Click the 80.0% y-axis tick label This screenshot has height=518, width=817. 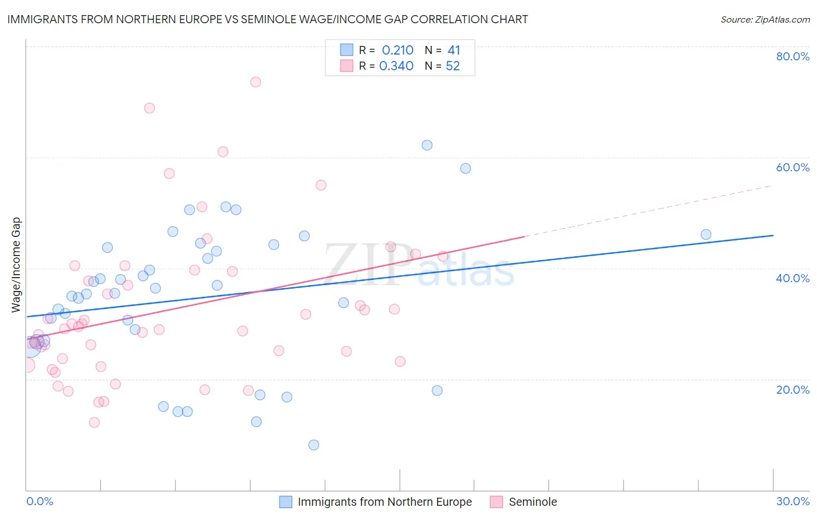[793, 56]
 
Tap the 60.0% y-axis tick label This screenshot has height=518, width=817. [793, 167]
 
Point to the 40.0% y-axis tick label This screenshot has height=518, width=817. [793, 278]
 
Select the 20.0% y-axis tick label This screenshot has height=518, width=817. [793, 390]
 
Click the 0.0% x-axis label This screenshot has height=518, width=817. [40, 501]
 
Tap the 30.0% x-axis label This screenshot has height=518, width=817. [793, 501]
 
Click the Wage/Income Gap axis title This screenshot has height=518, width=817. [16, 265]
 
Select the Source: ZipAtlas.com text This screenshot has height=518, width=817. [765, 20]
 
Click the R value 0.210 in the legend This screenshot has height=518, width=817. [397, 51]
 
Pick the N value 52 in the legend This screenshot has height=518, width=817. [453, 66]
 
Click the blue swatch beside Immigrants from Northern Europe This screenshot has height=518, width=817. [285, 502]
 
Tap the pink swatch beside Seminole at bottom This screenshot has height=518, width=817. [496, 502]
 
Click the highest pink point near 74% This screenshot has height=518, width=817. [256, 82]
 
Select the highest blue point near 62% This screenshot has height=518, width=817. [427, 145]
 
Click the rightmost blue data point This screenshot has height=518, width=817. [706, 235]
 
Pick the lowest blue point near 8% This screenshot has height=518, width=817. [314, 445]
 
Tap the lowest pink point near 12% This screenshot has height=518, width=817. [94, 422]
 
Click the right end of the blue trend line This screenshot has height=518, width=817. [773, 235]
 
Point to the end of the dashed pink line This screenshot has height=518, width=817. [772, 186]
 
